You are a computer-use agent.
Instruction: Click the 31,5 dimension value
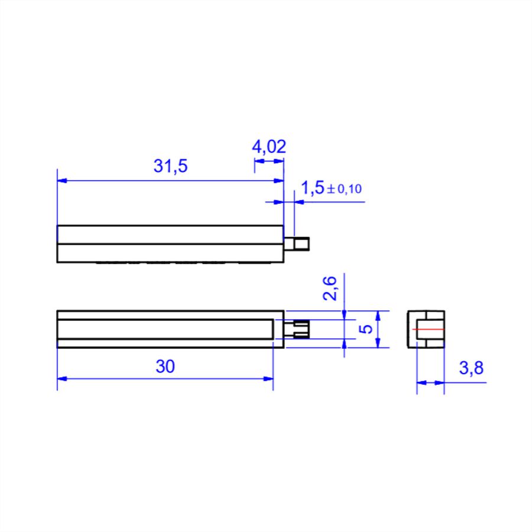click(x=170, y=166)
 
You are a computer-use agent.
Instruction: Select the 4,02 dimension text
click(x=269, y=147)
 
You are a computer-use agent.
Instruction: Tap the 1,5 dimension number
click(x=313, y=188)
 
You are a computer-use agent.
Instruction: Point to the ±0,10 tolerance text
click(x=345, y=189)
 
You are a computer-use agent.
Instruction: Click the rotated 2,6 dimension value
click(x=329, y=288)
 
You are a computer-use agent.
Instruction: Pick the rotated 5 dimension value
click(x=365, y=329)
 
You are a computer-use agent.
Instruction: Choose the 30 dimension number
click(x=166, y=366)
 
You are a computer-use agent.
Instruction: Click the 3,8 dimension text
click(x=471, y=368)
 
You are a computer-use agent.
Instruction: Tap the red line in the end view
click(x=428, y=329)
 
